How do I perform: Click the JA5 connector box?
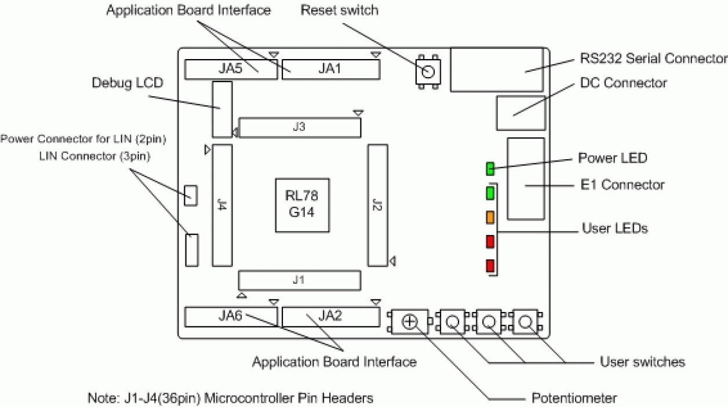coord(231,69)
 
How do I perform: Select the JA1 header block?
coord(330,69)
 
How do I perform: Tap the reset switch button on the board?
coord(428,72)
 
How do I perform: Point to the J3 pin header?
coord(299,127)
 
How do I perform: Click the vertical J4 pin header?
coord(222,205)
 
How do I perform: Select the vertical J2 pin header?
coord(377,205)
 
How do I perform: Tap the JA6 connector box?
coord(231,317)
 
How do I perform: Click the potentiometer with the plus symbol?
coord(410,322)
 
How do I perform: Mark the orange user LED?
coord(490,217)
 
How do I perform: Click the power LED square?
coord(490,169)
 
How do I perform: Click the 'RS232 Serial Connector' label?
coord(653,58)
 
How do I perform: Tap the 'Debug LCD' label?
coord(127,83)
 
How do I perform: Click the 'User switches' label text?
coord(642,362)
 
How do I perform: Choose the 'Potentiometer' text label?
coord(574,398)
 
